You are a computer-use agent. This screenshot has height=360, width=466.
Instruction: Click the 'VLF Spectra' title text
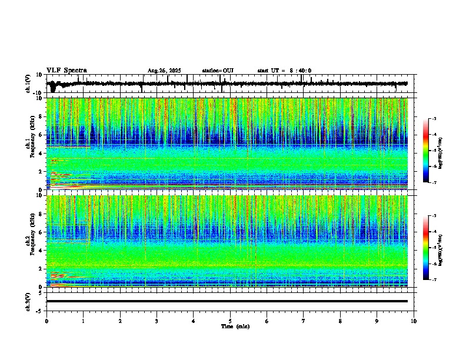pos(66,70)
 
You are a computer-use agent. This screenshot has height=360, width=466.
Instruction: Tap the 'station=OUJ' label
pos(218,71)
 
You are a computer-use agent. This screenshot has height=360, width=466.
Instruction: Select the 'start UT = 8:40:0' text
pos(284,71)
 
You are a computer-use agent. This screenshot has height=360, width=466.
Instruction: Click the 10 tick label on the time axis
pos(414,321)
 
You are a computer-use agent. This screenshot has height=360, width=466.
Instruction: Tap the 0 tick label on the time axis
pos(46,321)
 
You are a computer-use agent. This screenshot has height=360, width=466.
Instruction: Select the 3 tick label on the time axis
pos(157,321)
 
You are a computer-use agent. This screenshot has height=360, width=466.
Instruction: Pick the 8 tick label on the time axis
pos(340,321)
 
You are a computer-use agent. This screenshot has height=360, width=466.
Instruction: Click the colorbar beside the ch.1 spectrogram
pos(426,151)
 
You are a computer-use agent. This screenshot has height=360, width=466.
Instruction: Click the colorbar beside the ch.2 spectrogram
pos(426,248)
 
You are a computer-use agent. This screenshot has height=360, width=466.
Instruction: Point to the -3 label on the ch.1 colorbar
pos(433,119)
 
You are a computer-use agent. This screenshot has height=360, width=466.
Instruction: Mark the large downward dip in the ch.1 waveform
pos(53,89)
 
